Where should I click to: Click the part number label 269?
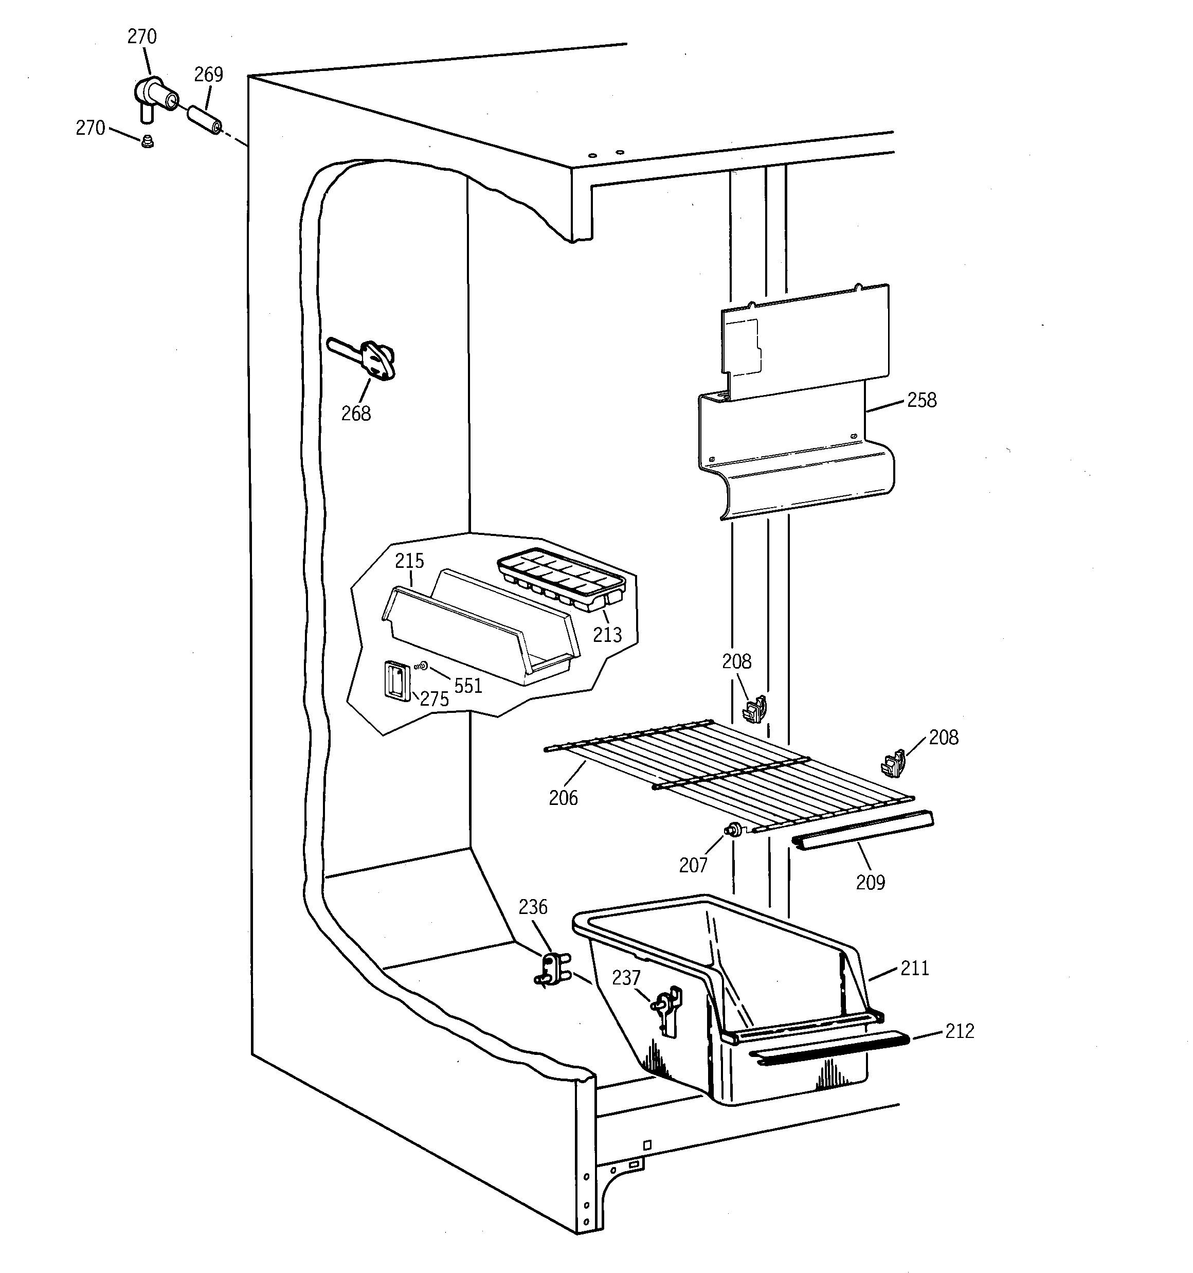tap(208, 75)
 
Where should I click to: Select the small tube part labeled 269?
tap(204, 120)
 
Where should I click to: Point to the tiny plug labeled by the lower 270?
tap(147, 141)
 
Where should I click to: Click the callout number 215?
tap(409, 561)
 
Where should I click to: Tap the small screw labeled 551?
tap(422, 667)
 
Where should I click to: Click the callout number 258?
tap(921, 400)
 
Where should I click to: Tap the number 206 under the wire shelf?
tap(563, 798)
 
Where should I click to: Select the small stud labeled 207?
tap(734, 831)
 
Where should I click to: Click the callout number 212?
tap(959, 1031)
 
